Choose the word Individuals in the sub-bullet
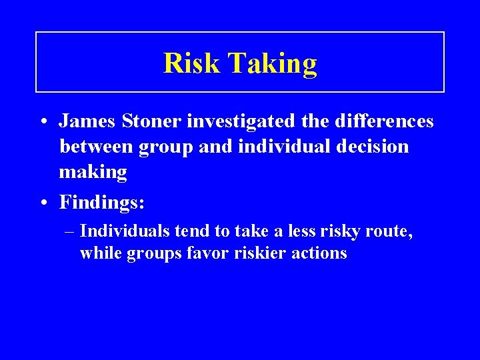click(x=125, y=231)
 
